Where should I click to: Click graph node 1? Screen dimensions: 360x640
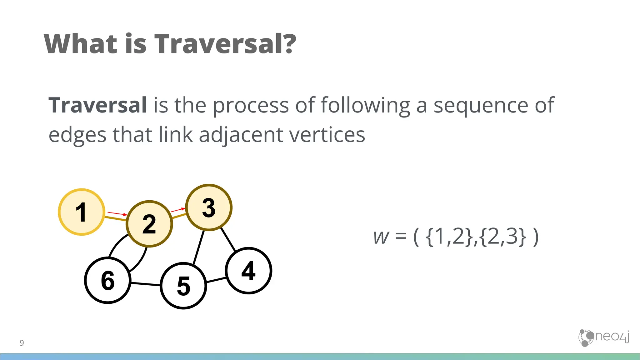(81, 212)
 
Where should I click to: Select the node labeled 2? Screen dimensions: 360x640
(149, 224)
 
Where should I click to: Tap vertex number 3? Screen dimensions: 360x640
(209, 207)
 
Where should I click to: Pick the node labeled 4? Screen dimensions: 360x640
(248, 271)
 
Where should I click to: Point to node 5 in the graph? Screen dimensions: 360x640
(183, 286)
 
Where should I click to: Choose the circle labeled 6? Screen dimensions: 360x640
(108, 280)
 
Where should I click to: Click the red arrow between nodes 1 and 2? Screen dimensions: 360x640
(117, 214)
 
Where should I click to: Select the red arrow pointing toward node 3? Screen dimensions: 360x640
(178, 210)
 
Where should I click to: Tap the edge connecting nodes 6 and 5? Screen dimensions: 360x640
(145, 284)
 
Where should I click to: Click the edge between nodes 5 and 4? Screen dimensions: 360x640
(216, 280)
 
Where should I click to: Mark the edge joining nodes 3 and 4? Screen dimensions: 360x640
(228, 239)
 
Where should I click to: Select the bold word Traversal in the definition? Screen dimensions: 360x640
(97, 105)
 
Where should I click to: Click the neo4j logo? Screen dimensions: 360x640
(603, 337)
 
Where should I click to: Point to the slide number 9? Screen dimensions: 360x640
(22, 343)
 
